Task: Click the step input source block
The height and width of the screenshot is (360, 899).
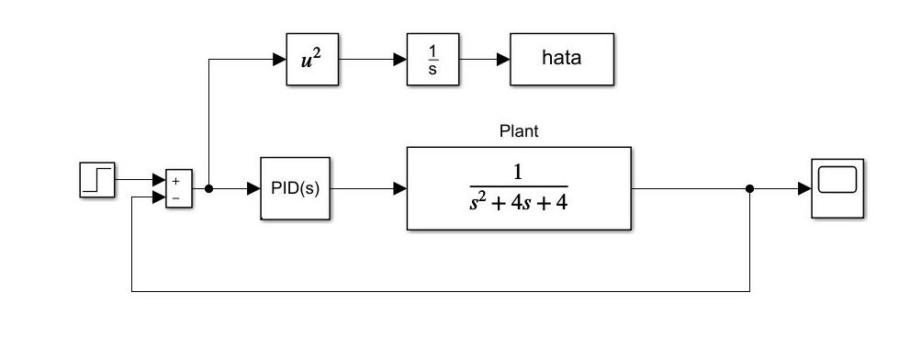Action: (97, 179)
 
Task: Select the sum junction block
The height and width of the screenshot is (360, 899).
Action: (178, 188)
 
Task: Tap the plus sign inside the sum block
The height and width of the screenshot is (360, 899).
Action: (175, 181)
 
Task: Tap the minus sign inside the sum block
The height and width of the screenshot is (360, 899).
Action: (175, 197)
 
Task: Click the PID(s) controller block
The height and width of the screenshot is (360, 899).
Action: (295, 188)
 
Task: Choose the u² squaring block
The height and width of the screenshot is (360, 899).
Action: (312, 60)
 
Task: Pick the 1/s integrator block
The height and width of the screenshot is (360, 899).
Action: (433, 60)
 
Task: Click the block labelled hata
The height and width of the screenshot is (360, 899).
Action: (562, 60)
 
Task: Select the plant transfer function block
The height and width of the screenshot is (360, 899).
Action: (519, 188)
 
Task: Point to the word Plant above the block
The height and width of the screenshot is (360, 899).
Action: (519, 130)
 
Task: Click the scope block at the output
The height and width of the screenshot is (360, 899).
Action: (837, 188)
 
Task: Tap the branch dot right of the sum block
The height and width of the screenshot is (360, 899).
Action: (209, 188)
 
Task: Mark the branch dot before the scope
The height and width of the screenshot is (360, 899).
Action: (749, 188)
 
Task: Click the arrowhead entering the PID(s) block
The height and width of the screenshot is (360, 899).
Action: (254, 188)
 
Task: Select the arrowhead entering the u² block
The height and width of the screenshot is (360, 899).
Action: (280, 60)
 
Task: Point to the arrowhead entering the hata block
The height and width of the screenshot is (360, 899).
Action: (504, 60)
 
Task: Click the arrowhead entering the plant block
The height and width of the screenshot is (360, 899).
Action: (400, 188)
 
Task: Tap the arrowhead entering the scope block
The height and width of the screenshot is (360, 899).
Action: (805, 188)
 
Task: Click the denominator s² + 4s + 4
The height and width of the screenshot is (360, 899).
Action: (518, 201)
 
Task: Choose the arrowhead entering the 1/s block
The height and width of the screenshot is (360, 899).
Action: (400, 60)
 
